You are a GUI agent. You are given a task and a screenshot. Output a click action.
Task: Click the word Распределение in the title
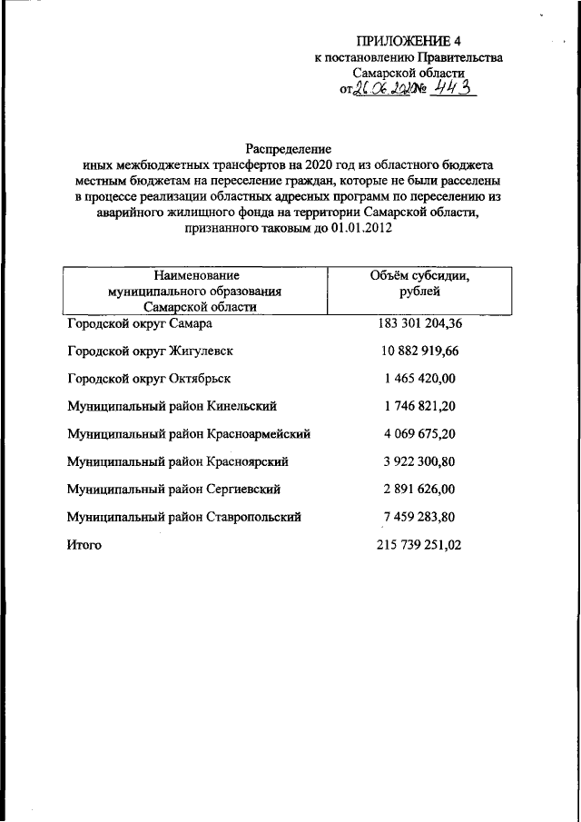click(289, 147)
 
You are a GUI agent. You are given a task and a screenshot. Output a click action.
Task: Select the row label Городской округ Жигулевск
click(152, 351)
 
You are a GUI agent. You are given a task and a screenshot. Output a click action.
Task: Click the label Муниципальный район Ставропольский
click(184, 517)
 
